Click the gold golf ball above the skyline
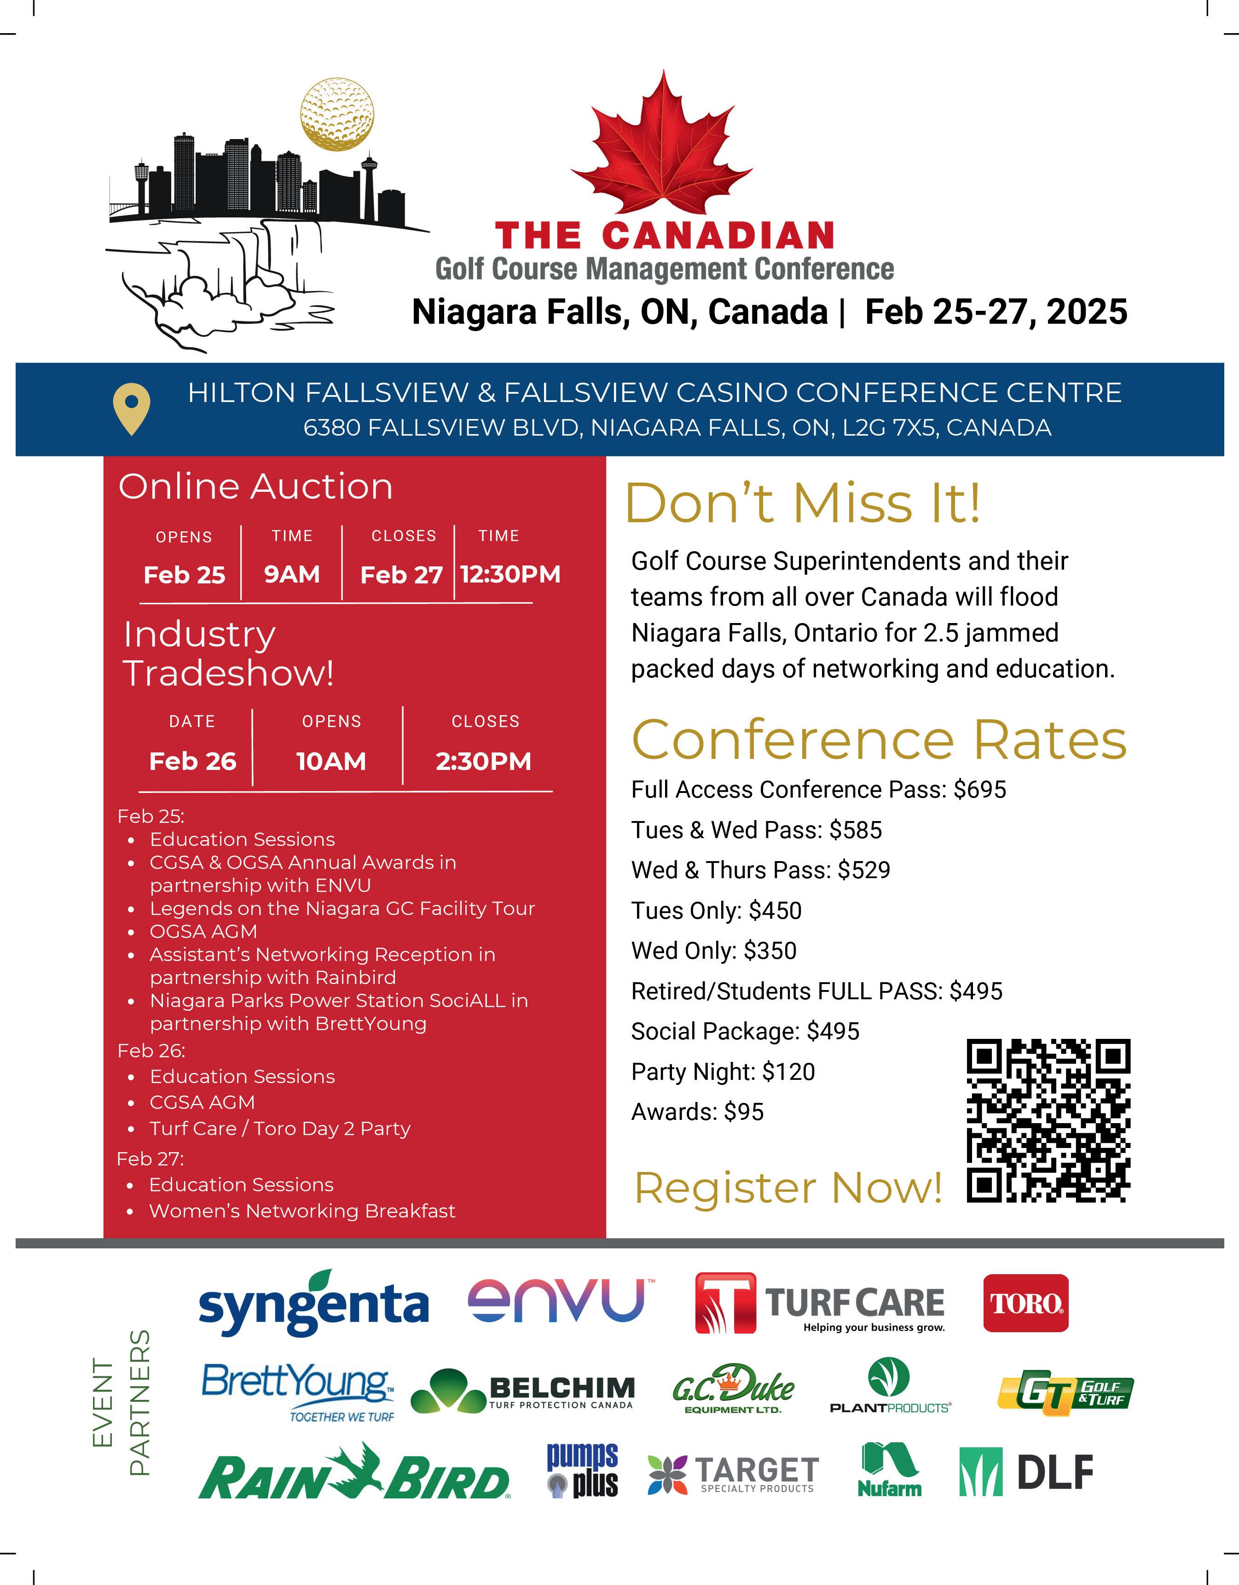click(x=337, y=114)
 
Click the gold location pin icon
click(x=131, y=408)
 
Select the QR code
click(x=1048, y=1120)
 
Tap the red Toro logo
click(x=1025, y=1304)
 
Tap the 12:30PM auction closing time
click(x=510, y=574)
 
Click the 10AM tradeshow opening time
click(x=331, y=761)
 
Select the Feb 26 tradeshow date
click(x=192, y=761)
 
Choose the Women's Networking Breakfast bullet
click(x=302, y=1211)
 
